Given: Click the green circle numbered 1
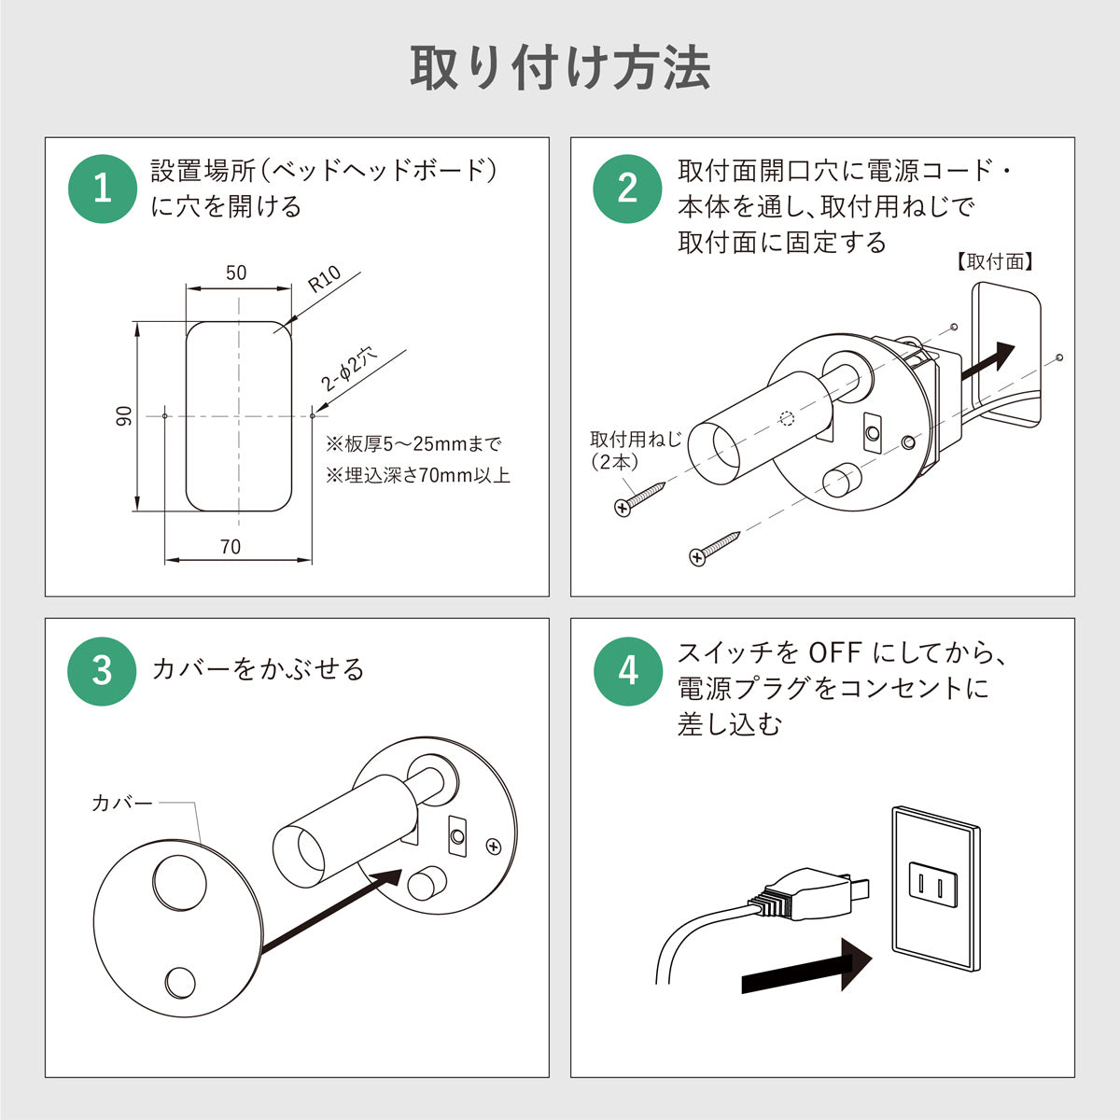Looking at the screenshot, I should tap(103, 189).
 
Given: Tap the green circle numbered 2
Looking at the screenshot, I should tap(628, 189).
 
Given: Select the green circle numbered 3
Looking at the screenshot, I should tap(103, 670).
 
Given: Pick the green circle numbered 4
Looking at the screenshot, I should tap(628, 670).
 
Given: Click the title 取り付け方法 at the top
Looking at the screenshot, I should tap(560, 68).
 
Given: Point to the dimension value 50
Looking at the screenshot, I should tap(236, 273).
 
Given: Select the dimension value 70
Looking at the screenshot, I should tap(230, 547).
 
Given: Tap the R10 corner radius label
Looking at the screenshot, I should tap(325, 280).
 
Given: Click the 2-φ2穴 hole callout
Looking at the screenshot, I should tap(349, 369).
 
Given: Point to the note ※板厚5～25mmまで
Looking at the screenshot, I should tap(413, 443).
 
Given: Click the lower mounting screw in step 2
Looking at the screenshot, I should tap(714, 548).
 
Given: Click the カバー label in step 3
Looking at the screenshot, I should tap(121, 802).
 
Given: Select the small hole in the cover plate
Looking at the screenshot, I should tap(180, 982).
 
